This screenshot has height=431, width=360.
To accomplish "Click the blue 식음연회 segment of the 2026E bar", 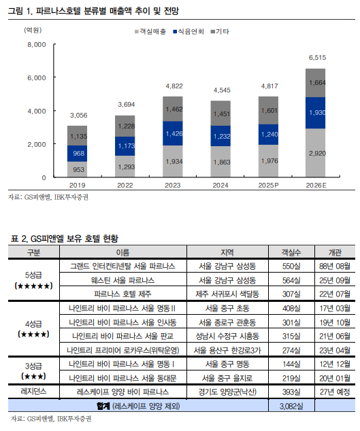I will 315,112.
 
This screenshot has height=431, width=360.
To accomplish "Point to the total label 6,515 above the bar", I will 317,58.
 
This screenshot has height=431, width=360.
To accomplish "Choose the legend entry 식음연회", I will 189,31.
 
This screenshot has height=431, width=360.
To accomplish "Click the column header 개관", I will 334,252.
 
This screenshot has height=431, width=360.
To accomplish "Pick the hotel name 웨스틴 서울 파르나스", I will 123,280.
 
